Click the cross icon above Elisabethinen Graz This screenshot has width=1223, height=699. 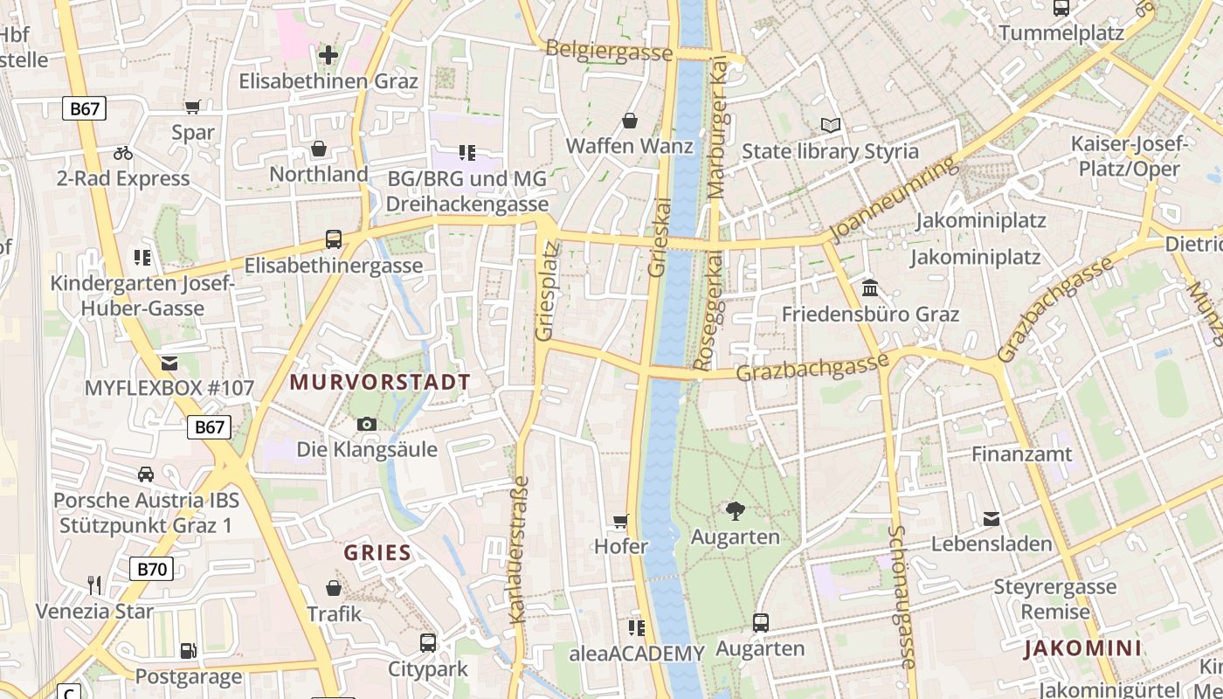point(328,55)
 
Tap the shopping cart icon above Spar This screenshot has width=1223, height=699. point(193,107)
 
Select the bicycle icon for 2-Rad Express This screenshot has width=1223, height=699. point(123,153)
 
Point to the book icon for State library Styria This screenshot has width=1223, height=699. point(830,126)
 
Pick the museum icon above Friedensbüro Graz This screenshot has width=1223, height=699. point(870,287)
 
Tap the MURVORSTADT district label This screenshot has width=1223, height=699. point(380,382)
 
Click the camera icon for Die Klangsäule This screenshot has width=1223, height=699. point(367,424)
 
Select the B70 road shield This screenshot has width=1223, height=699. point(152,570)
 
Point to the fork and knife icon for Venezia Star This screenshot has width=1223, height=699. point(94,585)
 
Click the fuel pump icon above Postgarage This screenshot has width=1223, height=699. point(188,651)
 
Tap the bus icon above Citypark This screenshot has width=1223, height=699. point(428,643)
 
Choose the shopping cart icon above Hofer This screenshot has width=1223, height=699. point(621,522)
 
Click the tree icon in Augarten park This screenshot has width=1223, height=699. point(735,511)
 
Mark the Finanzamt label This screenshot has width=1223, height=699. point(1021,454)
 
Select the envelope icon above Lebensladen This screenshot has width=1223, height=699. point(992,519)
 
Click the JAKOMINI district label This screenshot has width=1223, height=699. point(1083,648)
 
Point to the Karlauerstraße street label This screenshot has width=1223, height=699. point(521,550)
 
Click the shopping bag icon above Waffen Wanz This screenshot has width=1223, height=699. point(630,121)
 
